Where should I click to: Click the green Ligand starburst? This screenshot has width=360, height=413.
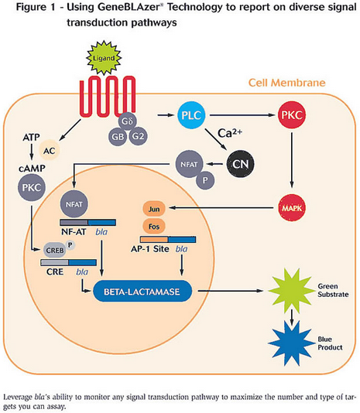(x=104, y=58)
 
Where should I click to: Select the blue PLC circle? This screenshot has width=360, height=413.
(x=191, y=115)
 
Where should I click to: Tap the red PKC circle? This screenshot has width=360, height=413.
(x=292, y=115)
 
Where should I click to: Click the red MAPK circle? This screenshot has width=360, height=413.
(x=292, y=208)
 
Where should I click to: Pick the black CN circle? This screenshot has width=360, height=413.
(x=241, y=164)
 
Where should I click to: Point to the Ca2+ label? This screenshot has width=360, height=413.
(x=230, y=133)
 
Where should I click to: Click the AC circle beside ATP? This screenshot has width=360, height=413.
(x=50, y=151)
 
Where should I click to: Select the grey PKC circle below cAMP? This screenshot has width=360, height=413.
(x=32, y=187)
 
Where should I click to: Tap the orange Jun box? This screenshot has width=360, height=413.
(x=154, y=209)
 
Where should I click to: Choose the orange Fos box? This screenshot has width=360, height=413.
(x=154, y=227)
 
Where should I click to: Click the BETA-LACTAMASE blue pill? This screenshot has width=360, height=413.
(x=142, y=292)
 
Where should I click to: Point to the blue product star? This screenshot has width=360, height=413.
(x=288, y=343)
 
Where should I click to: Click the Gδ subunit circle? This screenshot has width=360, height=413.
(x=127, y=121)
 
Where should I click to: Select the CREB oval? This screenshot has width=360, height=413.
(x=55, y=250)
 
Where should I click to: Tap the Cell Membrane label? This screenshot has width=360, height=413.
(x=287, y=83)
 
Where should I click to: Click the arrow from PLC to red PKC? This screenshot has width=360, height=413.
(x=242, y=115)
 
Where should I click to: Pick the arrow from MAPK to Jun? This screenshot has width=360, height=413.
(x=221, y=208)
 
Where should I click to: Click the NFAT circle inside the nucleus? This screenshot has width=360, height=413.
(x=74, y=204)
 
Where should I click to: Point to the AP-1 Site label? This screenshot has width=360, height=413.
(x=149, y=249)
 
